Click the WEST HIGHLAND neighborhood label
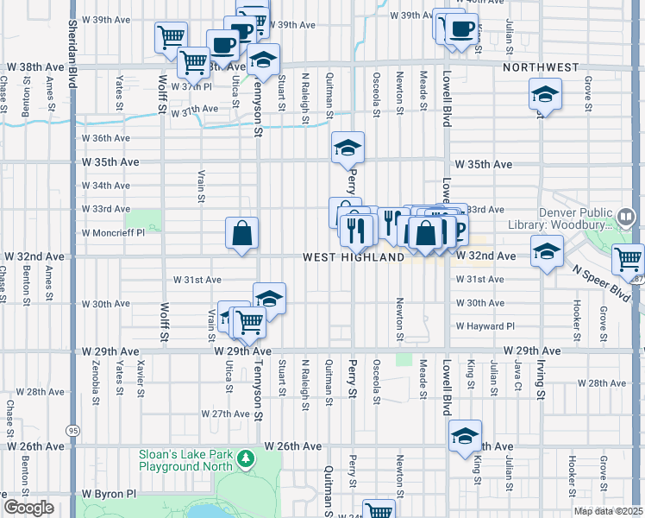click(354, 257)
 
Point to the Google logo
click(28, 508)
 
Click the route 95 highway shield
click(72, 429)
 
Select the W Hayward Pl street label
click(485, 326)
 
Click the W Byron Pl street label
click(109, 494)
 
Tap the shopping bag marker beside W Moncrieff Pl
click(242, 232)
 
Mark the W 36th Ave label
click(105, 138)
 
